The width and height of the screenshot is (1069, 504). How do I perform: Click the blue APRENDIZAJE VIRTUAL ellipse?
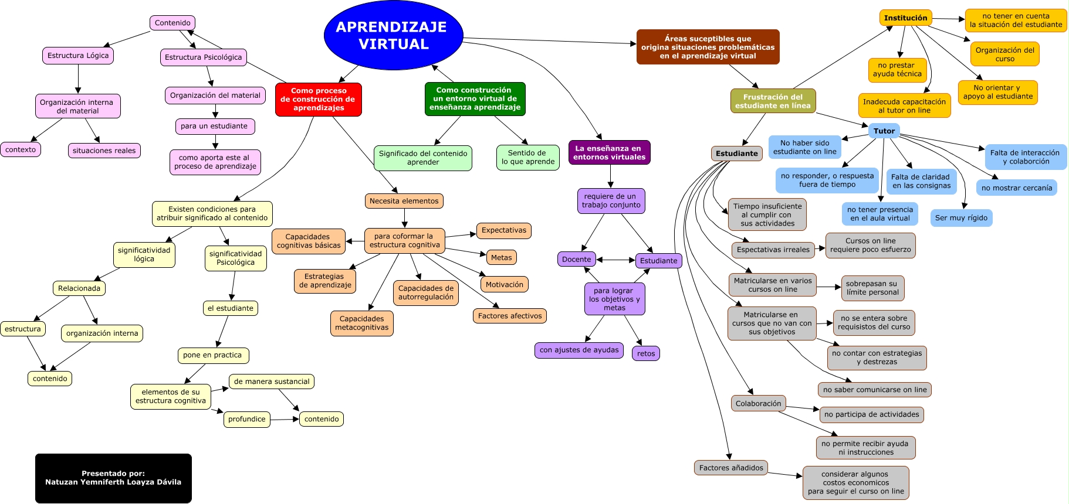[393, 35]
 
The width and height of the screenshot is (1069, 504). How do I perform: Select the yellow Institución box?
[905, 18]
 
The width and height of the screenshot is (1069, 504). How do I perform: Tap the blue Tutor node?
[884, 131]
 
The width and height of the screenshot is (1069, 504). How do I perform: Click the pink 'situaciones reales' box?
[104, 151]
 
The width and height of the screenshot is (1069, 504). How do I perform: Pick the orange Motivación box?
[504, 285]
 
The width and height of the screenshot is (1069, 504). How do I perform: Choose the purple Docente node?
[576, 259]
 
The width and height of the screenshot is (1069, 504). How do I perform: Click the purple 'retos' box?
[645, 353]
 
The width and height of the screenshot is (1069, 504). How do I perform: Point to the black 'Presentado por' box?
[113, 478]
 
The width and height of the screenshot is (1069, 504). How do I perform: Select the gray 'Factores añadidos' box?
[730, 468]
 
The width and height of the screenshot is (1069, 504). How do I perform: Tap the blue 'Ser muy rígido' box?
[960, 218]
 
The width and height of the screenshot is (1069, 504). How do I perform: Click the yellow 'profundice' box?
[246, 419]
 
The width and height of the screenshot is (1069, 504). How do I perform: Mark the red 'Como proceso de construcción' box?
[318, 99]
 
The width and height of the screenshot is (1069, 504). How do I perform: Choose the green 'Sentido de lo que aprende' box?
[527, 157]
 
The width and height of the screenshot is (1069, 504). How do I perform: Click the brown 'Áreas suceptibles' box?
[708, 47]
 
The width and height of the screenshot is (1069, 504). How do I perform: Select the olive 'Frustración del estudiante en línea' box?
[772, 101]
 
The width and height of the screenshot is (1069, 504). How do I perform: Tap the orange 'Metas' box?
[501, 257]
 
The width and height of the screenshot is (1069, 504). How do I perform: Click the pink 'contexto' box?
[21, 149]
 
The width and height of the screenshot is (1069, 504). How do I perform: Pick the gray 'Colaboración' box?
[758, 403]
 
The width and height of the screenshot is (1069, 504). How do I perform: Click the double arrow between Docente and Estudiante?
[615, 260]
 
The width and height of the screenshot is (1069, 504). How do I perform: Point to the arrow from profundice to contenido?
[285, 419]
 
